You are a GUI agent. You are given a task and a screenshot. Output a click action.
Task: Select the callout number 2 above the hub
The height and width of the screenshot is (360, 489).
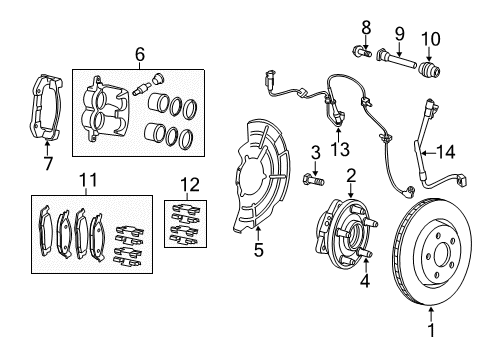pyautogui.click(x=351, y=175)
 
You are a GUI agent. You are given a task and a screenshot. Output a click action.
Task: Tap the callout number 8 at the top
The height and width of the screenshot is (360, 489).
pyautogui.click(x=366, y=25)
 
